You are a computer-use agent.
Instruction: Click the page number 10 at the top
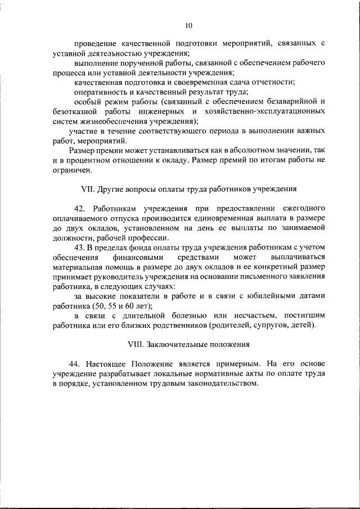[x=188, y=25]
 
